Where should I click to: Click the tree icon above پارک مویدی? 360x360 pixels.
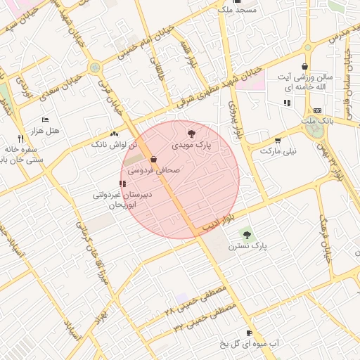coord(191,133)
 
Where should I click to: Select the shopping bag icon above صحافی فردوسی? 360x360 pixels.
coord(153,159)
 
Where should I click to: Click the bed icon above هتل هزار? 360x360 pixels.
coord(46,120)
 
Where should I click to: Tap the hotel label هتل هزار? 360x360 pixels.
coord(46,131)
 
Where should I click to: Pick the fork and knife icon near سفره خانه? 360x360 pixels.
coord(20,138)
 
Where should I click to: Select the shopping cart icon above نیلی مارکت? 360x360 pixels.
coord(278,140)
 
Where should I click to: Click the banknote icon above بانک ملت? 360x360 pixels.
coord(317,110)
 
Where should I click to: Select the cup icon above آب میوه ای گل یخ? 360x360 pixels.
coord(249,333)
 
